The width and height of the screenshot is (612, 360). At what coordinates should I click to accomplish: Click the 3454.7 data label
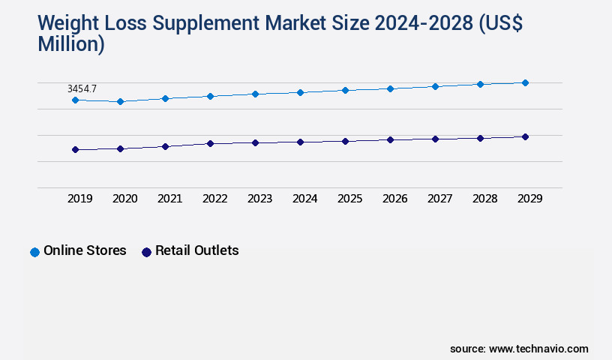(82, 88)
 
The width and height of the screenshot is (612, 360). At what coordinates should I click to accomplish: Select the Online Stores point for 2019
(75, 100)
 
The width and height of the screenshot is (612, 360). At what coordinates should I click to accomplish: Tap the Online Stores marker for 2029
(525, 82)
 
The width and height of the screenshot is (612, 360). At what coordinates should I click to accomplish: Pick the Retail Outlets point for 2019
(75, 149)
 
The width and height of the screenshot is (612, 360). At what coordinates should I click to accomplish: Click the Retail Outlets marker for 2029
(525, 136)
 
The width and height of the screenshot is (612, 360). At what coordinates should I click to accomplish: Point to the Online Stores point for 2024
(300, 92)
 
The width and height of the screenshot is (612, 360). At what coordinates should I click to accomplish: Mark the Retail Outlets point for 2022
(210, 143)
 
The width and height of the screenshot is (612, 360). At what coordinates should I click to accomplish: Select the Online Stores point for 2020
(120, 101)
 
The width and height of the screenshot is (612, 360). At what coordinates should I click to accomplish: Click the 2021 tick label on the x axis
(169, 199)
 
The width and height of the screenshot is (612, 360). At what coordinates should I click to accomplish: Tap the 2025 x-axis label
(349, 199)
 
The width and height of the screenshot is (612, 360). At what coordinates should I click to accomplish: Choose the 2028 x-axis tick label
(484, 199)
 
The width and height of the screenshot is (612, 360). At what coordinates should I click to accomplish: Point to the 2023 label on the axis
(259, 199)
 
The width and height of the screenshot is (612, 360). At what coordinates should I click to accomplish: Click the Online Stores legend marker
(34, 252)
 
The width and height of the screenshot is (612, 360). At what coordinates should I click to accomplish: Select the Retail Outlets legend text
(196, 250)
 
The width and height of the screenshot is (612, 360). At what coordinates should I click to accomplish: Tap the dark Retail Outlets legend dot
(146, 252)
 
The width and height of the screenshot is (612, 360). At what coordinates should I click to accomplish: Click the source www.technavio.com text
(519, 349)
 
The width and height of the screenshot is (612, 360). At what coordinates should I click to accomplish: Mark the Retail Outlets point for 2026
(390, 139)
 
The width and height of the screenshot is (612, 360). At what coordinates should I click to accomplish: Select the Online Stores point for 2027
(435, 86)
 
